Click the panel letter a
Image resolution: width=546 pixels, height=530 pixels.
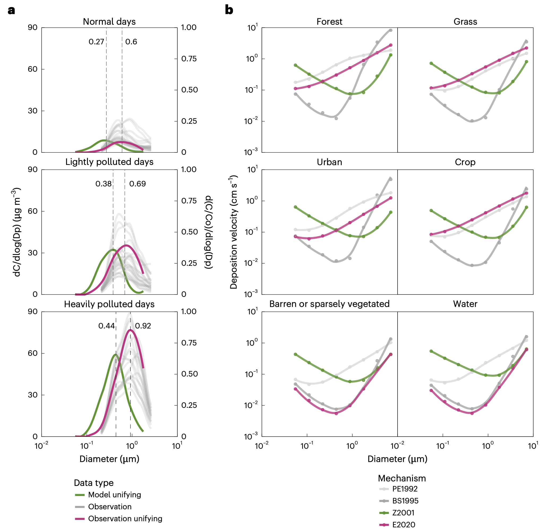[11, 11]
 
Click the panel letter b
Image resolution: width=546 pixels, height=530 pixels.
[229, 10]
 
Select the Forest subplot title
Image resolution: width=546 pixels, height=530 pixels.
[329, 22]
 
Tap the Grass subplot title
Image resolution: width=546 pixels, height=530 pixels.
[465, 22]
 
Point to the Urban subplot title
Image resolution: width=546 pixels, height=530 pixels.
[329, 162]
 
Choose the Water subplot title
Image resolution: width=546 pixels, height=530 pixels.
[465, 304]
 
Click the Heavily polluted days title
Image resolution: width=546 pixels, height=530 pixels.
[109, 304]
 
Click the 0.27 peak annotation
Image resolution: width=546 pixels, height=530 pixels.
[96, 42]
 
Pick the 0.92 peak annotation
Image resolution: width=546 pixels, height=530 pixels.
[143, 326]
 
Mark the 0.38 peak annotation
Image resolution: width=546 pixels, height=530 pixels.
[103, 184]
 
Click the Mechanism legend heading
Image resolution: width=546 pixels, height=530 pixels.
[402, 478]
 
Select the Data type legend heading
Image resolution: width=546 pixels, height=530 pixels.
[93, 483]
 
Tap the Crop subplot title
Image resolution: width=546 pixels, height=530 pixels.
[465, 162]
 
